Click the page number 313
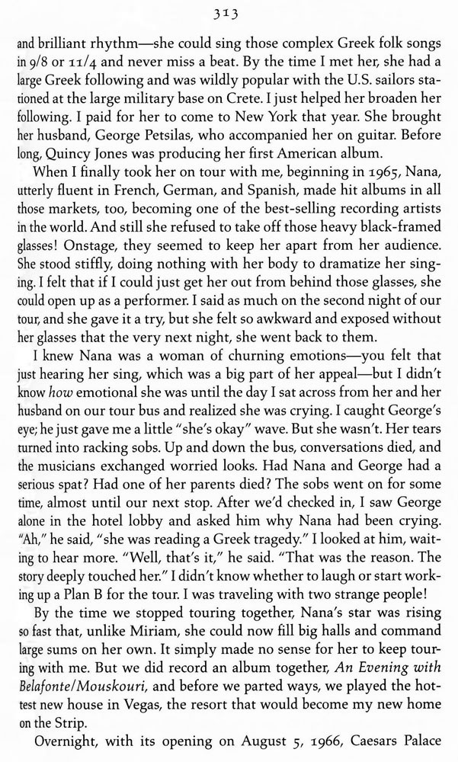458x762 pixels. click(229, 9)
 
